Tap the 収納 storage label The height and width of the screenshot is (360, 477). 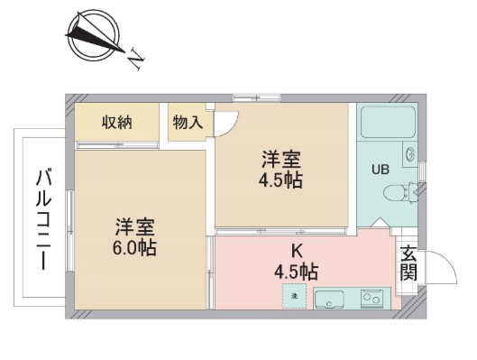(x=117, y=123)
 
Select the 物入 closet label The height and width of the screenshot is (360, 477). (x=188, y=123)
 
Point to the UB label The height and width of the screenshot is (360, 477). (x=381, y=170)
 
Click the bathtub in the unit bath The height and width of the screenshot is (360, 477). (x=388, y=122)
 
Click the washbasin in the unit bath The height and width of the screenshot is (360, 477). (x=409, y=154)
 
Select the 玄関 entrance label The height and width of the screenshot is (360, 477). (x=408, y=263)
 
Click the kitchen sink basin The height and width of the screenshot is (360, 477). (x=329, y=300)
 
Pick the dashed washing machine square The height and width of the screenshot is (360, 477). (x=294, y=296)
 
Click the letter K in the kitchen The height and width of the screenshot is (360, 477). (x=297, y=251)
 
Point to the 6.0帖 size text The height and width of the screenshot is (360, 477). (x=134, y=248)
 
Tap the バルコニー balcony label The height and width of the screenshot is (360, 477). (x=43, y=220)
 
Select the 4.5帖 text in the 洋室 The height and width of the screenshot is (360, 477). (x=280, y=180)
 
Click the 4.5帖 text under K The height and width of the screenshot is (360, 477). (x=297, y=272)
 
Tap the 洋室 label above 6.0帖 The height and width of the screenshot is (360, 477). (x=134, y=227)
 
